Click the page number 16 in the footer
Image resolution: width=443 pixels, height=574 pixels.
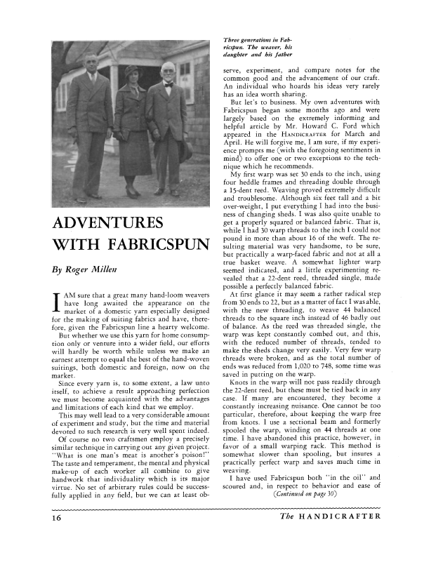tap(54, 557)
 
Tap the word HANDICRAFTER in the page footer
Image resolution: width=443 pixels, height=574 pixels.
tap(339, 556)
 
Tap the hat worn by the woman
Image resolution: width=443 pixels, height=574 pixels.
tap(132, 71)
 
